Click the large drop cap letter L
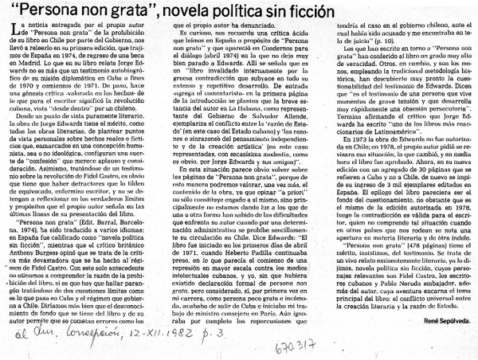pyautogui.click(x=10, y=29)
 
